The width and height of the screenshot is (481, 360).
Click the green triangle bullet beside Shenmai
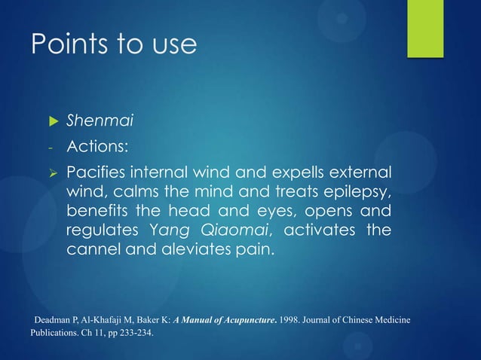[x=53, y=121]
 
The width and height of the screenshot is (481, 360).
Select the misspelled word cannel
[x=92, y=249]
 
